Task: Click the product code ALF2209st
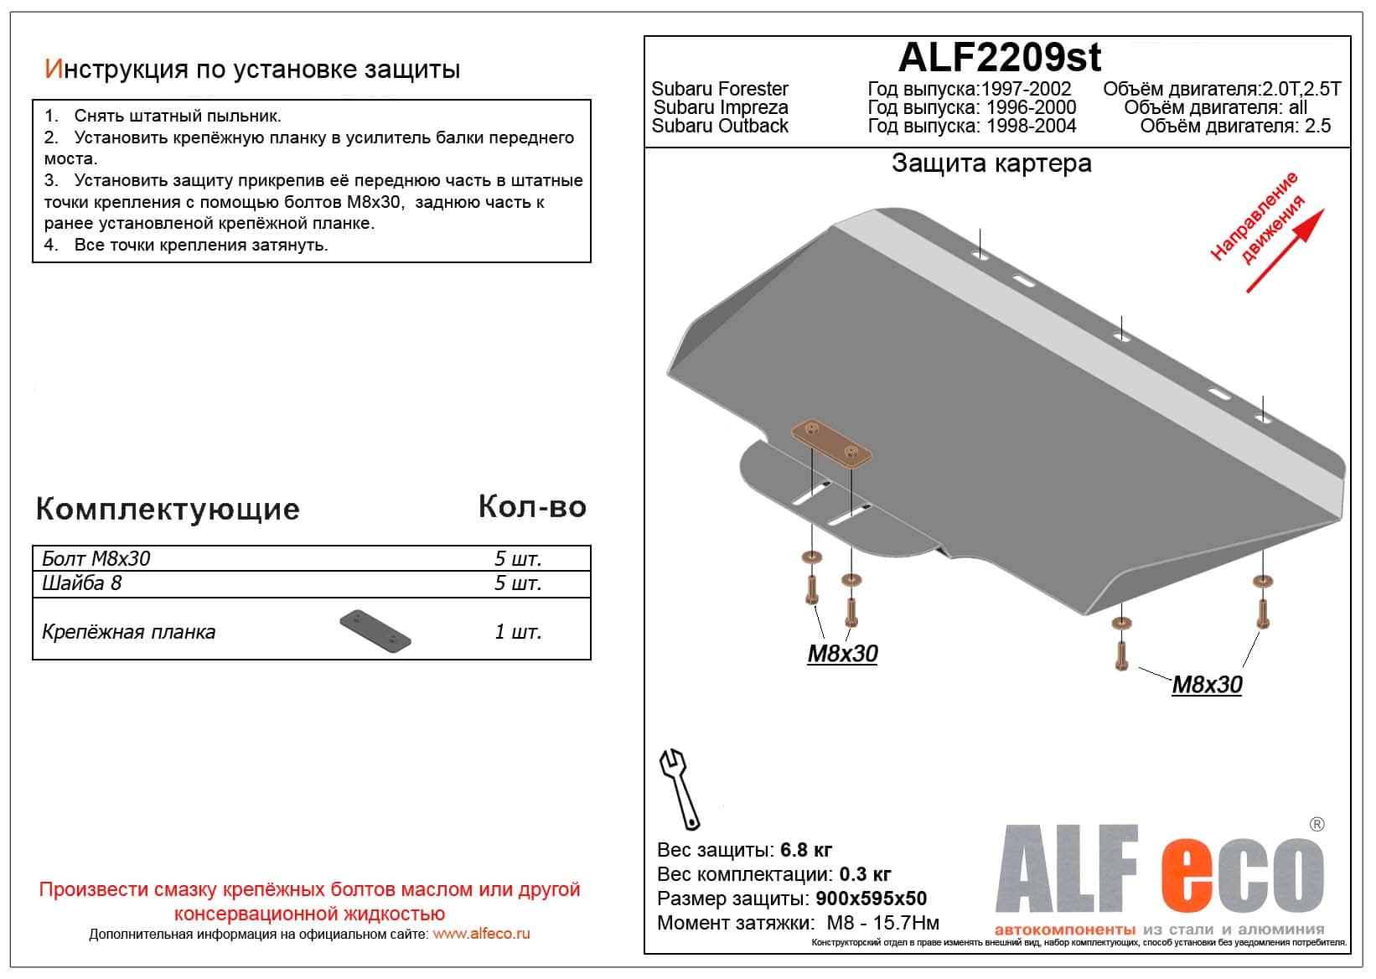(999, 58)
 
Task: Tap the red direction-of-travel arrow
(1284, 251)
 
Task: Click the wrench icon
(680, 788)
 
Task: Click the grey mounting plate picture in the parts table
(375, 631)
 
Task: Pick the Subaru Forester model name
(720, 89)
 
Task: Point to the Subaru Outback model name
(720, 126)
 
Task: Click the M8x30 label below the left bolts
(842, 654)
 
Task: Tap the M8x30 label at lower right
(1206, 685)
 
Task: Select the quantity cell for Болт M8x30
(518, 558)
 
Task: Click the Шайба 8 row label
(82, 583)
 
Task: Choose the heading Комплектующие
(168, 509)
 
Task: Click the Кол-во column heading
(532, 506)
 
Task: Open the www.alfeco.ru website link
(481, 934)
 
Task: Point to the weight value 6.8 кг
(806, 850)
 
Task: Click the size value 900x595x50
(872, 899)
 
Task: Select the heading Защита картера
(991, 163)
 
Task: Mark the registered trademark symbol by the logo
(1317, 825)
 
